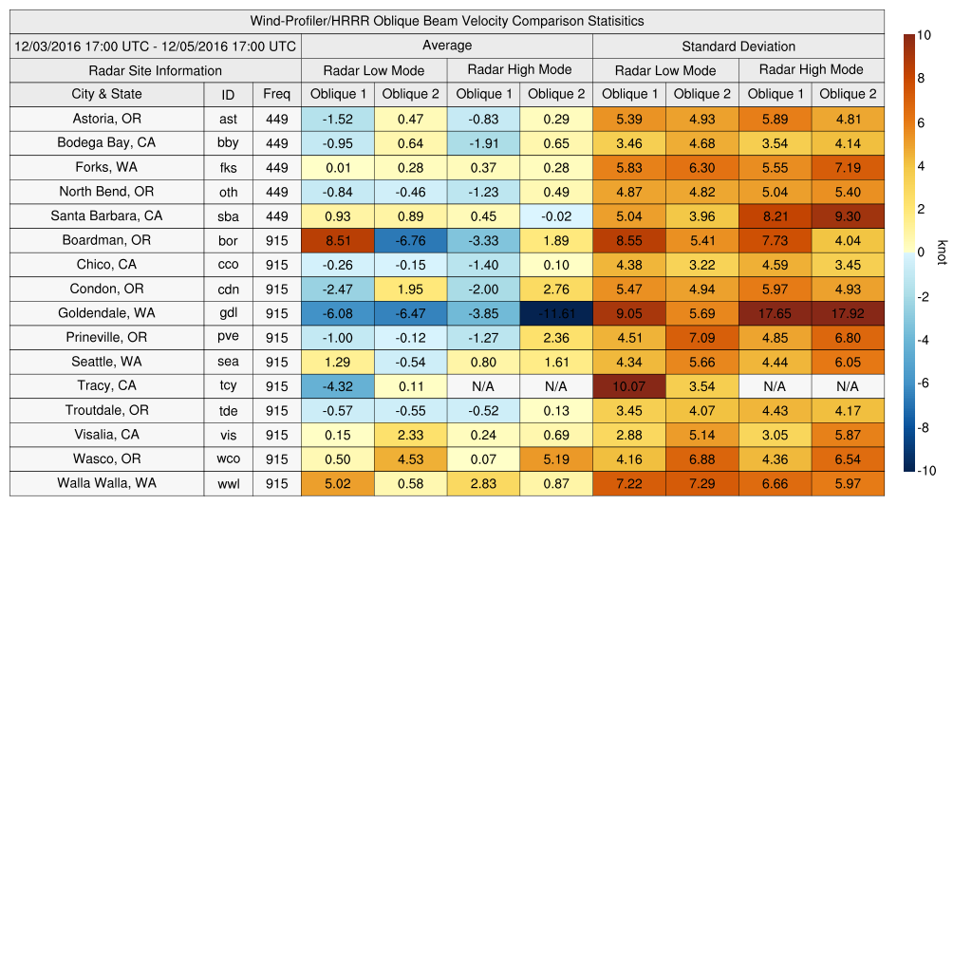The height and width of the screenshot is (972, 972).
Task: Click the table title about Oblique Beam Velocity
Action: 447,21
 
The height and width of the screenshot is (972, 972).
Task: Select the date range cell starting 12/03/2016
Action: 156,46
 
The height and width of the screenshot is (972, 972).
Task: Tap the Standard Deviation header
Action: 738,46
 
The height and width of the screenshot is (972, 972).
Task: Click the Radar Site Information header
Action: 156,70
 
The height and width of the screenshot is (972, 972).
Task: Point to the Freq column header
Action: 277,94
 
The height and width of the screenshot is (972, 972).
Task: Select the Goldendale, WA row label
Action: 106,313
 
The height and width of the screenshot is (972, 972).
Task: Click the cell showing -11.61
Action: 555,313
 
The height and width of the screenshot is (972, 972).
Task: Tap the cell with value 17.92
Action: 848,313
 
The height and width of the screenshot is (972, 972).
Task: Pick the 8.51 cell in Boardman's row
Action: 337,240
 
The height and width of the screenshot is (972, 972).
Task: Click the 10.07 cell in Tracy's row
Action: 628,386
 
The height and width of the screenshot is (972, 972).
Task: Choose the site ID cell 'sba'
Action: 228,216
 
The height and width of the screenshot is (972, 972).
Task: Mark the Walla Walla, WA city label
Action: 106,483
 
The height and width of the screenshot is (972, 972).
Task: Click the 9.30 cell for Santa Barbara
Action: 848,216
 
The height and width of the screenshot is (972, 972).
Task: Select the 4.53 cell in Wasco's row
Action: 410,459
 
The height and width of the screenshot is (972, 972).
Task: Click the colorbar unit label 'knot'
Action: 942,252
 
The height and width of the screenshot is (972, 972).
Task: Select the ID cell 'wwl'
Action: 228,484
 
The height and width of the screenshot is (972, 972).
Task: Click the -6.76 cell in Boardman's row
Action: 410,240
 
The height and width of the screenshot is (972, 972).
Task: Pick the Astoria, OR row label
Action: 106,119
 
